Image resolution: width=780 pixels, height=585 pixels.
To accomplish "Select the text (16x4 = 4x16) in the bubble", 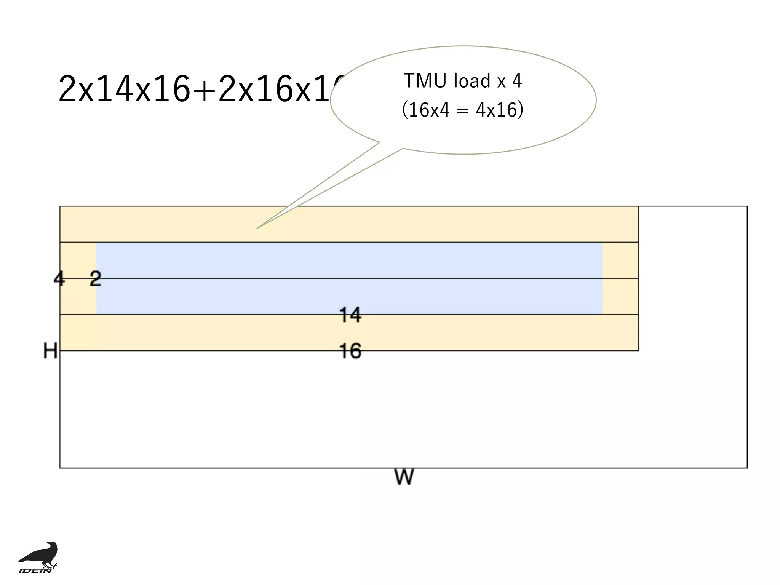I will pos(463,110).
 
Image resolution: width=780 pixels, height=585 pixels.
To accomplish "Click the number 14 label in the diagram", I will pos(350,315).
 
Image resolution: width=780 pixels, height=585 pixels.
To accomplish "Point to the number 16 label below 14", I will pos(350,351).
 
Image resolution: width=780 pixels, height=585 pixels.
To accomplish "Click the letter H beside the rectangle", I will pos(50,351).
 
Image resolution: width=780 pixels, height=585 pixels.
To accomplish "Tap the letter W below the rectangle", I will pos(404,477).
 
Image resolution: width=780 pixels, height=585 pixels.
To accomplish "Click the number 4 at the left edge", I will pos(59,279).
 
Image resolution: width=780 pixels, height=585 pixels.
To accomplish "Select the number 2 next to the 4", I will pos(95,279).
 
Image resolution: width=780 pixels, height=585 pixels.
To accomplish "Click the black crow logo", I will pos(40,554).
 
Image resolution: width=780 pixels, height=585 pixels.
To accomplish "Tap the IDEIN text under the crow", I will pos(35,570).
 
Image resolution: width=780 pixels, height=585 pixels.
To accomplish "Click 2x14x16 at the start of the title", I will pos(124,90).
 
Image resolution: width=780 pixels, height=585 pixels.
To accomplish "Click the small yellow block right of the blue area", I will pos(620,278).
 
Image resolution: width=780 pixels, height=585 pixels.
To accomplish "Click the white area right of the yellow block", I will pos(692,278).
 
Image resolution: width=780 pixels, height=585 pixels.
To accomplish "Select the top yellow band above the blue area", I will pos(349,224).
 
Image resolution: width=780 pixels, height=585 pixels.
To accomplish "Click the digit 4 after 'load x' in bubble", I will pos(517,81).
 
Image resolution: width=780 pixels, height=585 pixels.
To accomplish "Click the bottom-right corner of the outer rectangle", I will pos(747,468).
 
